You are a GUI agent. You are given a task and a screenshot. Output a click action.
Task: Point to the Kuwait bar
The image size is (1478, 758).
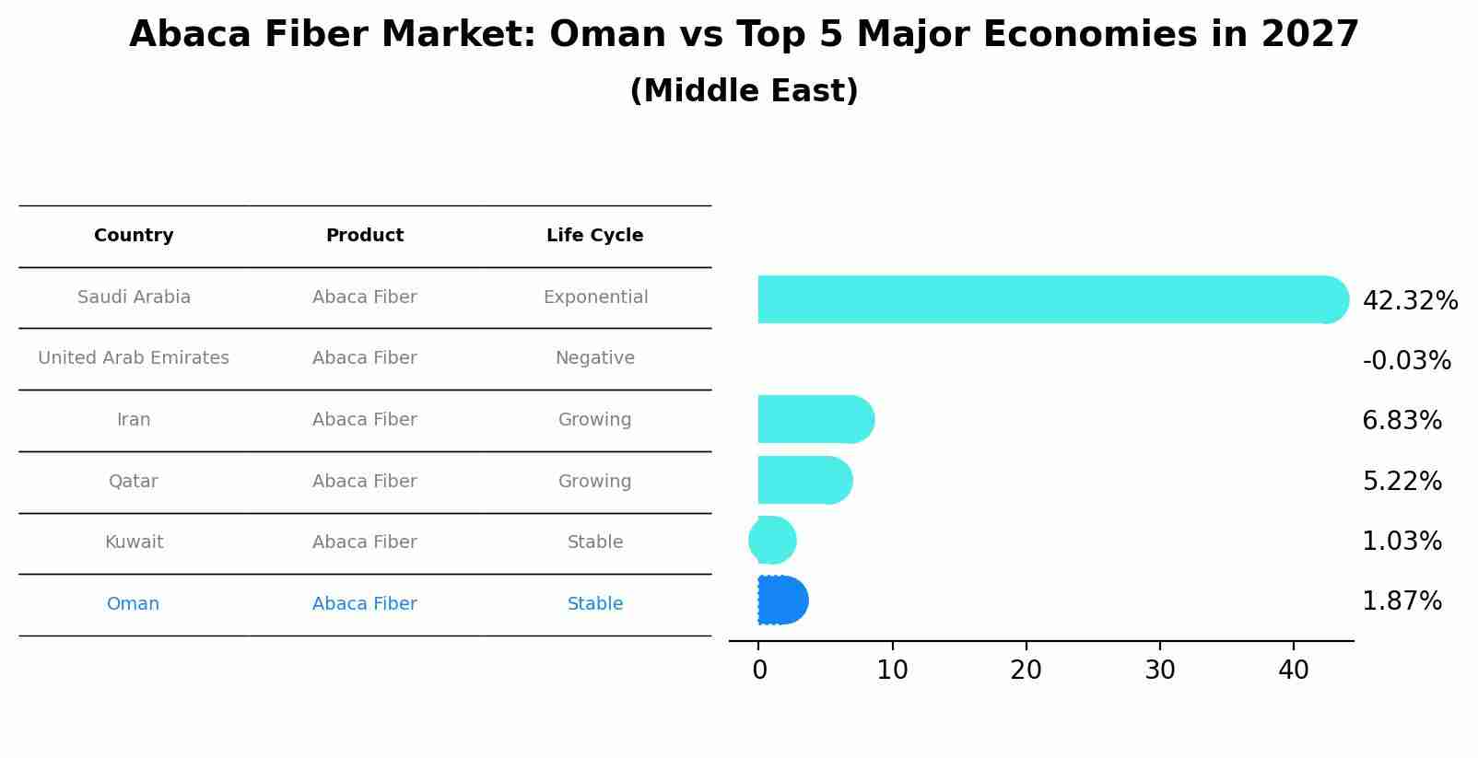coord(772,541)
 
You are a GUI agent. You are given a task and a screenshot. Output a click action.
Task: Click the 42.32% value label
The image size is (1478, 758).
coord(1409,301)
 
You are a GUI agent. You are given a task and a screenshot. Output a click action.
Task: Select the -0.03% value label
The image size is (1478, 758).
coord(1406,361)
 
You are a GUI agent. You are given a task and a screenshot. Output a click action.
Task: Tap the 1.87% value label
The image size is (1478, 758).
coord(1402,601)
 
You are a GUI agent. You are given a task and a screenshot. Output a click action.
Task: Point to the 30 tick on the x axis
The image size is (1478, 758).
coord(1159,671)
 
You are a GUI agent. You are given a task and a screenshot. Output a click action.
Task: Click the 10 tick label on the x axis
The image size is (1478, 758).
coord(892,671)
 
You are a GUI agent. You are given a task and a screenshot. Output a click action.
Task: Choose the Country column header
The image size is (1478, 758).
coord(134,236)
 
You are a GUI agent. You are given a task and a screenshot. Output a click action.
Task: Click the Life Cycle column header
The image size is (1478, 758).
coord(594,236)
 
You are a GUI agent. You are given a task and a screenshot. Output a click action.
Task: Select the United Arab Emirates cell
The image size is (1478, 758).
coord(134,358)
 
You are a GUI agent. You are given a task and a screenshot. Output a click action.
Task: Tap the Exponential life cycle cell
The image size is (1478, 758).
coord(595,297)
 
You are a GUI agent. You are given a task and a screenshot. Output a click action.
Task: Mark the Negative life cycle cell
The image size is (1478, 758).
coord(594,358)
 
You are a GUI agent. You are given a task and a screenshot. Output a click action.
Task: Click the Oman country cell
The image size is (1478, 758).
coord(133,604)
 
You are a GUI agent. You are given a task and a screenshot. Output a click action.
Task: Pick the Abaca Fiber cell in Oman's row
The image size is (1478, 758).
coord(364,604)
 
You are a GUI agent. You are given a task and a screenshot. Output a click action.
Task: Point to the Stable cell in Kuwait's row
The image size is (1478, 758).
coord(594,542)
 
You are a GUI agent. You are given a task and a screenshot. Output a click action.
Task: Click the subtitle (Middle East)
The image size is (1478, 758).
coord(744,91)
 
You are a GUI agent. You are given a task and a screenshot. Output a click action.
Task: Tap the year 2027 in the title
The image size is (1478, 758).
coord(1309,35)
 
